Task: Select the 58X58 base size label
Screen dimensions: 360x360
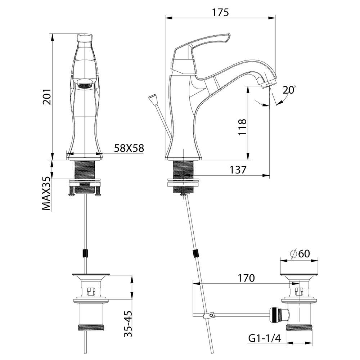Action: pos(129,148)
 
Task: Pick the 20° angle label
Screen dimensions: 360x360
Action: pos(288,90)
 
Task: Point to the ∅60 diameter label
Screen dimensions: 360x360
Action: pos(300,254)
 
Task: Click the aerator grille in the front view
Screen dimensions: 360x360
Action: pos(84,86)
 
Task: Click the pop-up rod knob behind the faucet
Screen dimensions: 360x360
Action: pos(153,98)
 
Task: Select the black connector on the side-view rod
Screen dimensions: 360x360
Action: pos(196,253)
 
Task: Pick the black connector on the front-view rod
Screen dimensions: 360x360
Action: pos(85,253)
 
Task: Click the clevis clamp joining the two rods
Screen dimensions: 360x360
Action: pos(208,316)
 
